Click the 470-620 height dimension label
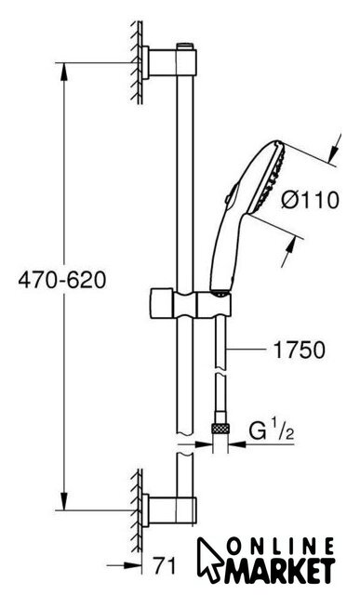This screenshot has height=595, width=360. tap(62, 281)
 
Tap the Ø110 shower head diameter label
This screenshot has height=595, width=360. tap(310, 200)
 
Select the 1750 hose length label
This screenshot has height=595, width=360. tap(300, 350)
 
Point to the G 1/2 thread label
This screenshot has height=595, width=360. tap(272, 431)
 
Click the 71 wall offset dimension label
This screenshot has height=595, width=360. tap(165, 566)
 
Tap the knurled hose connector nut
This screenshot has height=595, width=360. tap(220, 430)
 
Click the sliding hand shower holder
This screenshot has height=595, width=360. tap(191, 305)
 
